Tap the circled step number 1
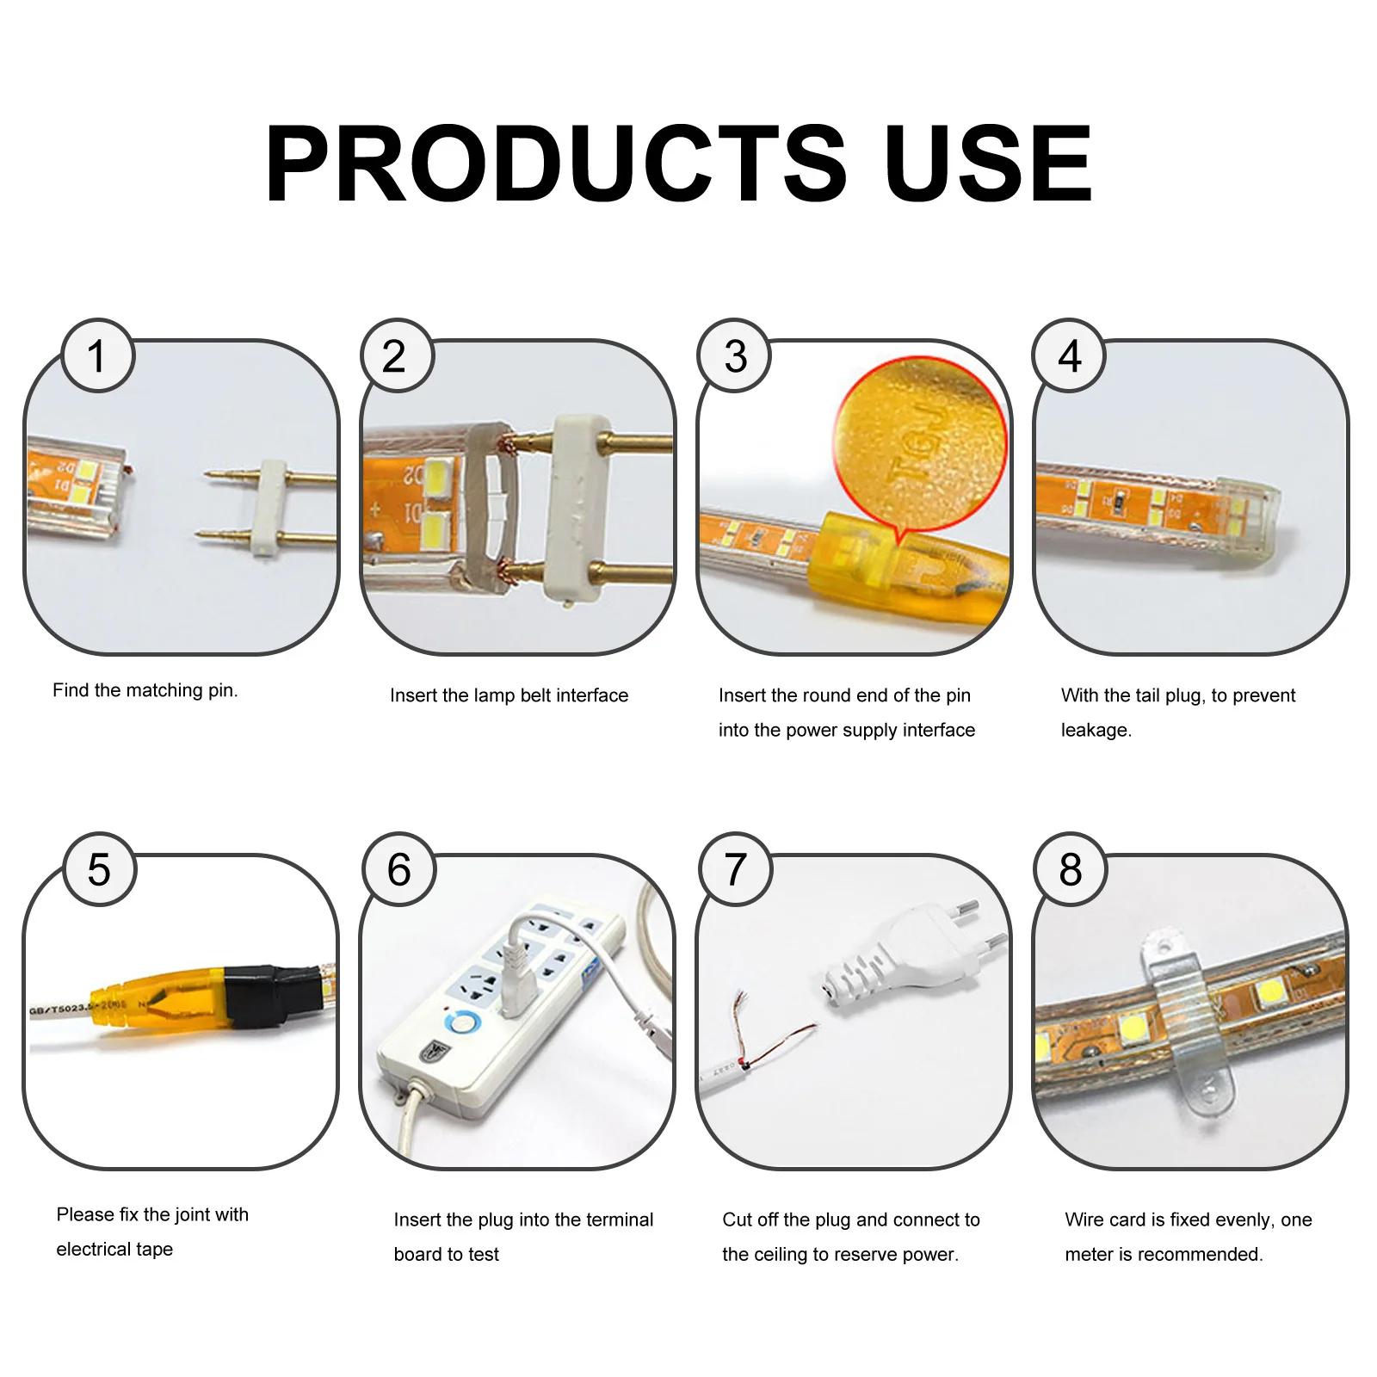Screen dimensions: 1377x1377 tap(97, 356)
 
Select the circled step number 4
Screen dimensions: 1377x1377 tap(1070, 356)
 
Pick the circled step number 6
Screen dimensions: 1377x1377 tap(399, 869)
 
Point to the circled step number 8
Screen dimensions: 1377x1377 tap(1071, 869)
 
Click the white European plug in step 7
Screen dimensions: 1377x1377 tap(904, 955)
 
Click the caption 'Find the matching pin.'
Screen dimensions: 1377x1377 tap(145, 690)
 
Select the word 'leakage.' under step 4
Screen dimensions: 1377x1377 tap(1096, 730)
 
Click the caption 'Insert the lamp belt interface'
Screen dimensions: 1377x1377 tap(509, 695)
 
